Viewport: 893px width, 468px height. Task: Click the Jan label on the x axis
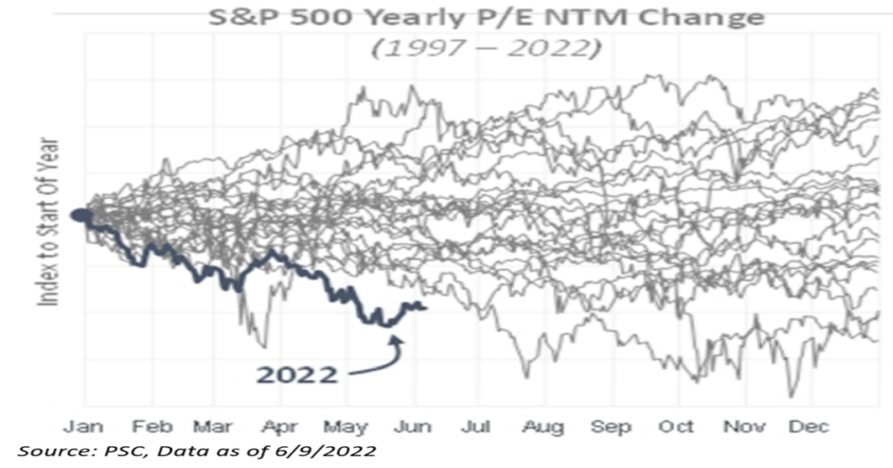pos(84,426)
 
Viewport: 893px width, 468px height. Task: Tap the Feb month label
pos(151,426)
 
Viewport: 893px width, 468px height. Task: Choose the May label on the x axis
pos(345,426)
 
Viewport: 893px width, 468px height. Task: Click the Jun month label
pos(412,426)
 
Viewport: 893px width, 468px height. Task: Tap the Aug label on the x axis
pos(544,426)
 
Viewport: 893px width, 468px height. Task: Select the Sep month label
pos(610,426)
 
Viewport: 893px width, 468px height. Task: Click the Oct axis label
pos(676,426)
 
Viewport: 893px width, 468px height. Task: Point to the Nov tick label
pos(744,426)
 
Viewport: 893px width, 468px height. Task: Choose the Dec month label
pos(809,426)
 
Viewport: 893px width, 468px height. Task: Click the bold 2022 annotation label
pos(296,375)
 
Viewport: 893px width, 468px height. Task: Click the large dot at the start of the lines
pos(80,215)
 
